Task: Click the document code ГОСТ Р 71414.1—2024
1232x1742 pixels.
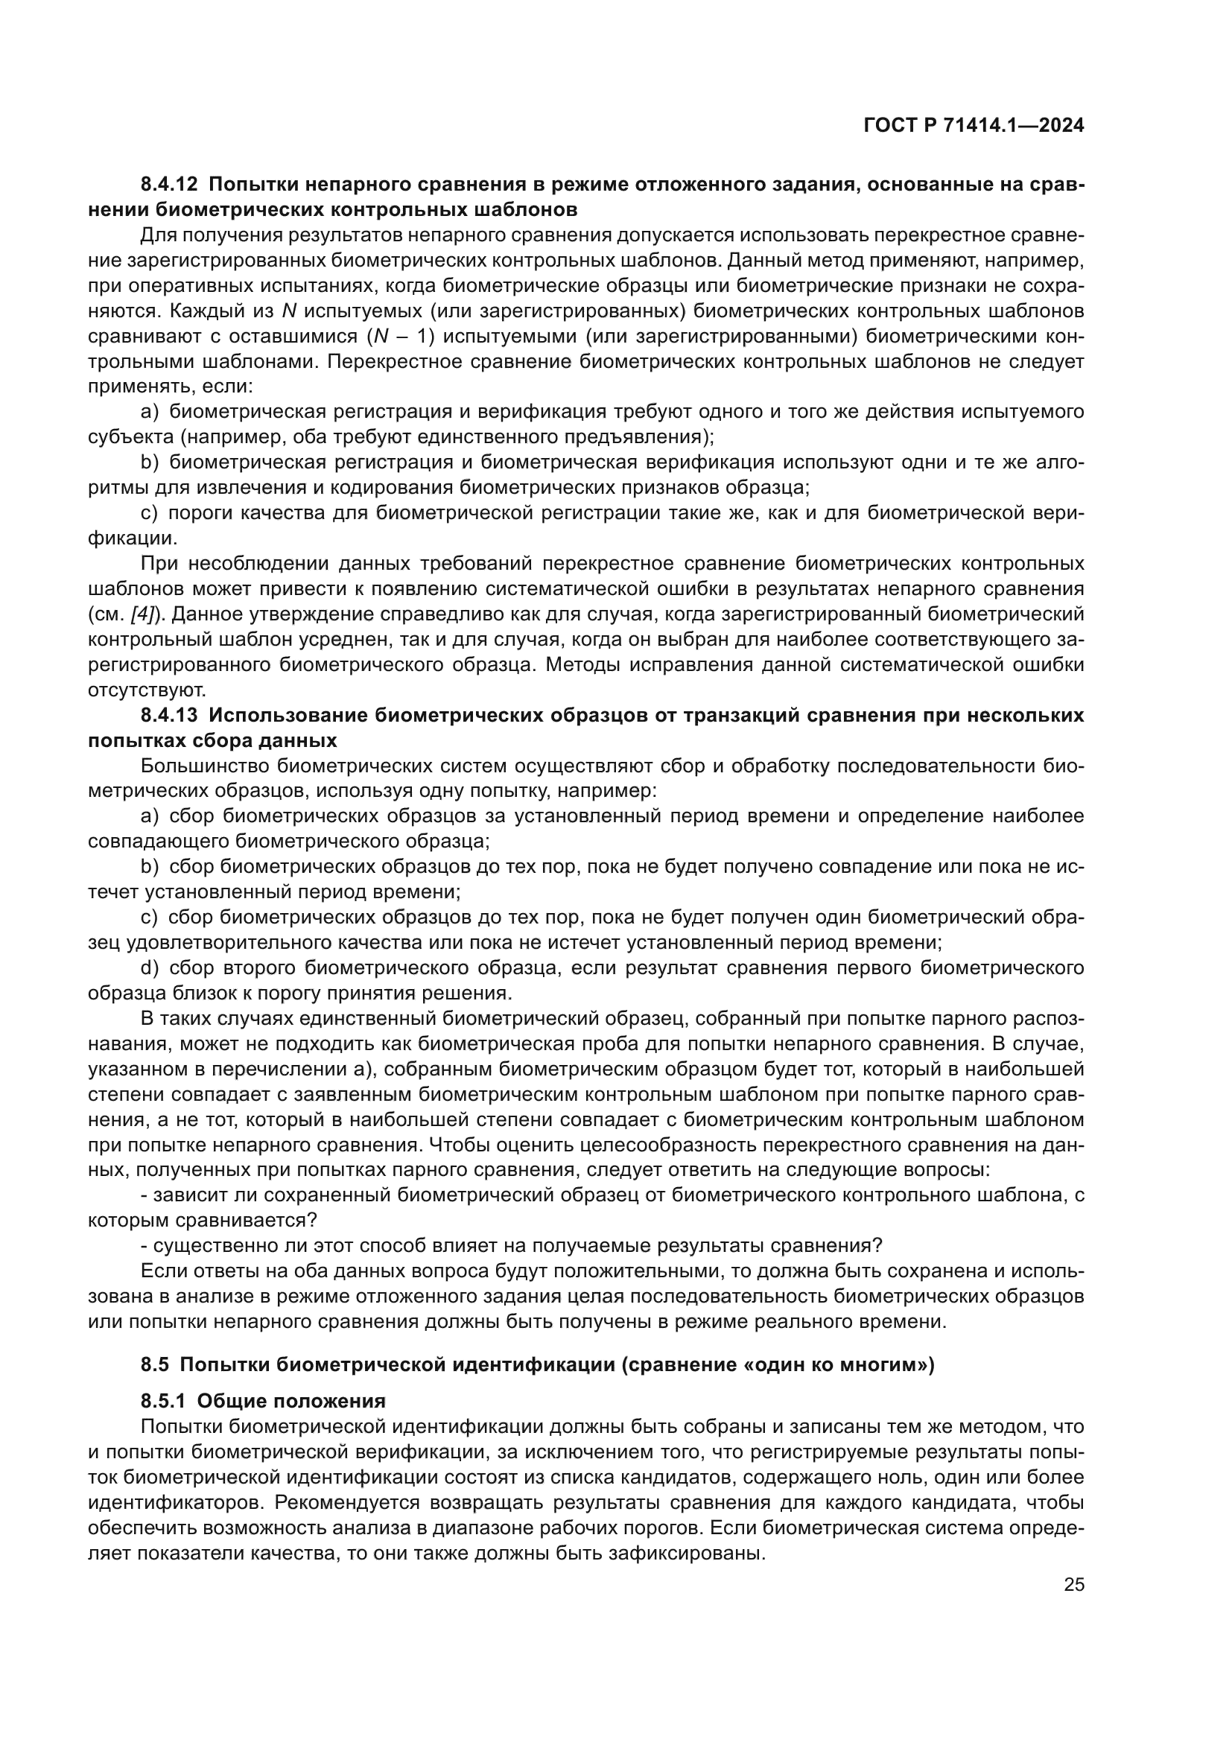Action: [x=974, y=126]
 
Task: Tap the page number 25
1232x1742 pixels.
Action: [x=1073, y=1583]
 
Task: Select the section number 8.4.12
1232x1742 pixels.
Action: [x=168, y=184]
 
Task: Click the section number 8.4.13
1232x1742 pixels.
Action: [x=168, y=715]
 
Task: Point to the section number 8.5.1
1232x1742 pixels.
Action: [x=163, y=1401]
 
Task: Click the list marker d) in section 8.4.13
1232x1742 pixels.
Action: [x=150, y=968]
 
